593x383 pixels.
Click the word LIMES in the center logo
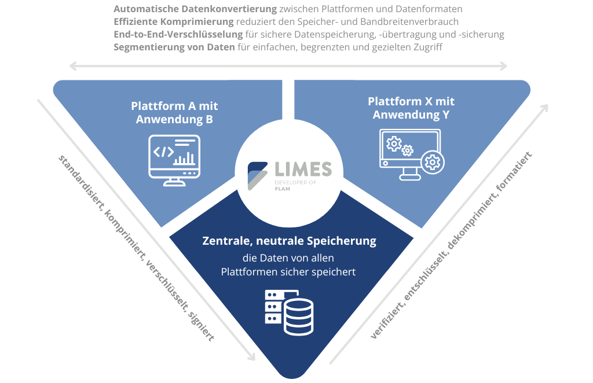(x=303, y=169)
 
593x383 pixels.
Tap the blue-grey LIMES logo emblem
(x=258, y=176)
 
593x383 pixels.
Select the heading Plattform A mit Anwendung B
(x=174, y=113)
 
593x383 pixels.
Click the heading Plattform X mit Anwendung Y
(x=411, y=108)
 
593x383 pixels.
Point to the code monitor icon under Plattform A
(x=174, y=160)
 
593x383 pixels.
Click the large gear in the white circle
(x=433, y=163)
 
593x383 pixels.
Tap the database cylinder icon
(x=299, y=317)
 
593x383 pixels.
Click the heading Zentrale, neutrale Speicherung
(x=290, y=241)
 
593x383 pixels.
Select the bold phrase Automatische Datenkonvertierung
(x=195, y=9)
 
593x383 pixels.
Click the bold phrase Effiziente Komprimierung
(x=174, y=21)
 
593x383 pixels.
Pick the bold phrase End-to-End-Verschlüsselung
(x=178, y=34)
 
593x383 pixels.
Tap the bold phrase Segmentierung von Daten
(x=174, y=47)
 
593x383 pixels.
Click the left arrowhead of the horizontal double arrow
(x=73, y=67)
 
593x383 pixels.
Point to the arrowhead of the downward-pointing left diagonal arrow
(x=251, y=355)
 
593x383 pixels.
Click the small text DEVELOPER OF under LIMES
(x=295, y=182)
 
